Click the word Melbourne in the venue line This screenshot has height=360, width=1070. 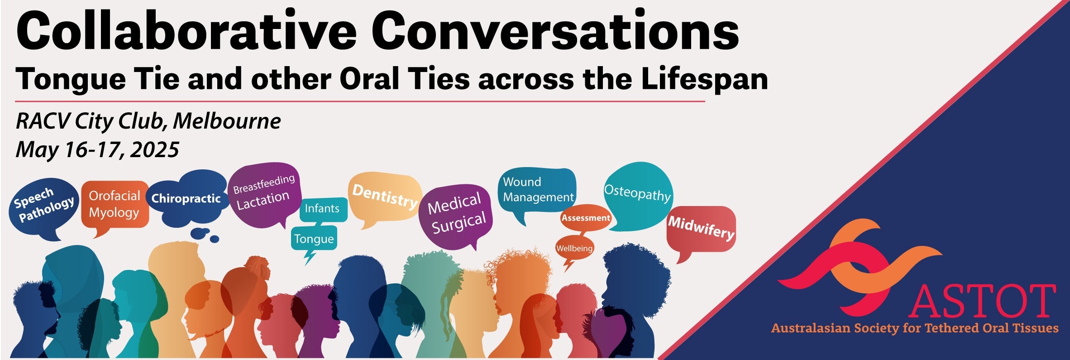tap(227, 121)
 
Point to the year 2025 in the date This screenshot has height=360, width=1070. tap(154, 150)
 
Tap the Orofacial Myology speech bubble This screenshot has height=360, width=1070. tap(115, 206)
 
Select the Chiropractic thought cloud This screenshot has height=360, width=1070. tap(186, 199)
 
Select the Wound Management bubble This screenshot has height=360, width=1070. tap(537, 190)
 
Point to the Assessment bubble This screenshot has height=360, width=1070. tap(586, 218)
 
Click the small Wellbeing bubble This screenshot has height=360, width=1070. tap(574, 249)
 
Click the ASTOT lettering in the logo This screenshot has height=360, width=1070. tap(982, 301)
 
